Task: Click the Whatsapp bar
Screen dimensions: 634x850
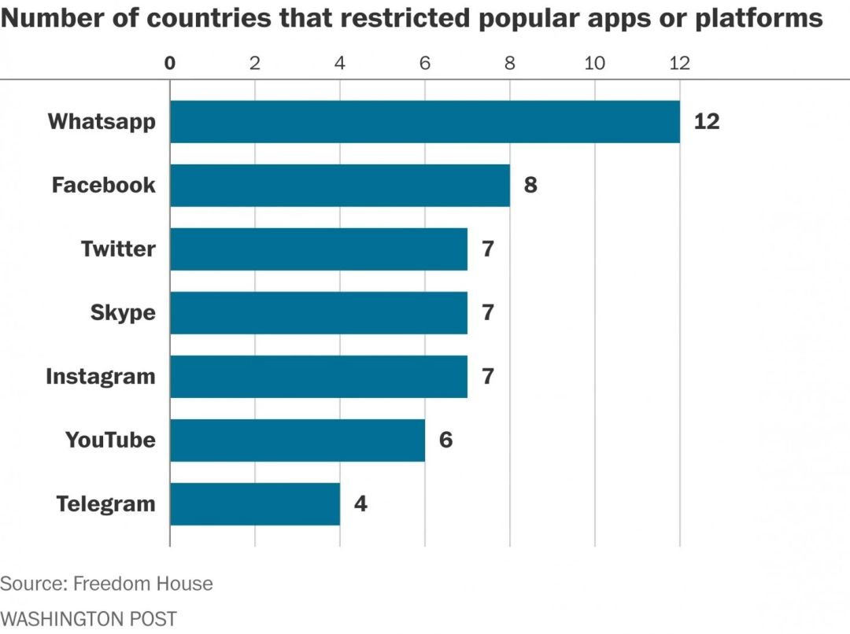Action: (x=425, y=122)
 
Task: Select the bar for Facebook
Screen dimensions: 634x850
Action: (x=340, y=186)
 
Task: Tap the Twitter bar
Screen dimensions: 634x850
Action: (x=319, y=249)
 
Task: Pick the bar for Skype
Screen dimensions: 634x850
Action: (x=319, y=313)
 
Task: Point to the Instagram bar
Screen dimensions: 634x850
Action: (x=319, y=377)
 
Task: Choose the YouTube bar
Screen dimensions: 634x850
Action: (x=297, y=440)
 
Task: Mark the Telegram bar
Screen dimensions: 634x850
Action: (x=255, y=504)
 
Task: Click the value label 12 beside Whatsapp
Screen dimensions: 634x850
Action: (x=706, y=122)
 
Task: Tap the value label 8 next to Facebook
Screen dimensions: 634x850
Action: (x=530, y=186)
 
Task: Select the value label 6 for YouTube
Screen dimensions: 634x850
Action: (x=445, y=440)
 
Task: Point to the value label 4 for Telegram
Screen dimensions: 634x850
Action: (x=360, y=504)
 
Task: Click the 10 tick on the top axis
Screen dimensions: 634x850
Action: (x=595, y=64)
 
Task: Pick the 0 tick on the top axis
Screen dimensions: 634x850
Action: (x=170, y=64)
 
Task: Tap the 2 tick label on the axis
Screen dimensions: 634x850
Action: (x=255, y=64)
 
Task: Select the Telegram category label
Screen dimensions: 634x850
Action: (x=106, y=504)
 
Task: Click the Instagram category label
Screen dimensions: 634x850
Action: (x=101, y=377)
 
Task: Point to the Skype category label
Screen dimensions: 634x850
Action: (x=123, y=313)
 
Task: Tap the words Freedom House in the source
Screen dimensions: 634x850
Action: (x=142, y=584)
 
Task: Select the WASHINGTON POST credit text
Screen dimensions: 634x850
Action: (x=88, y=619)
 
